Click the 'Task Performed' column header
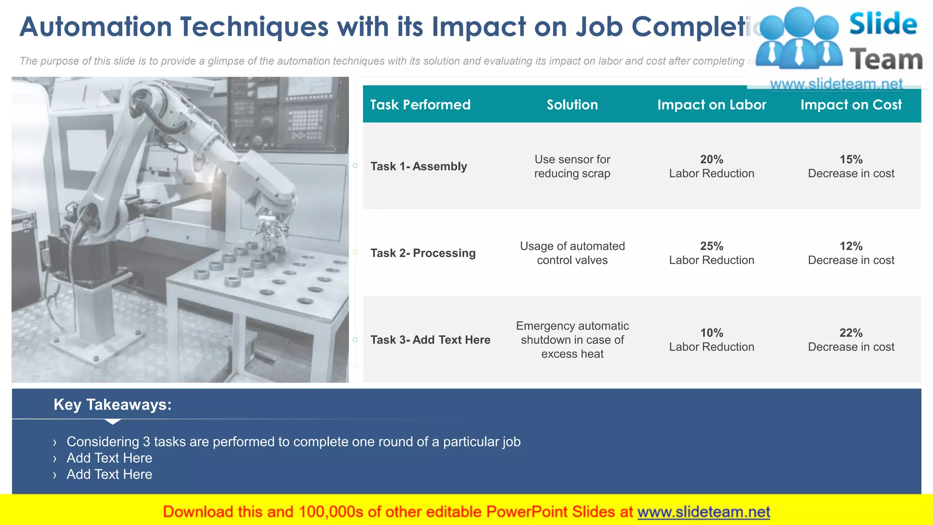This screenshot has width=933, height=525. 420,105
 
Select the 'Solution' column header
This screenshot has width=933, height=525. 572,105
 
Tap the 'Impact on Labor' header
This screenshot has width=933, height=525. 712,105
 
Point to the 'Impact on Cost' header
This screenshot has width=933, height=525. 851,105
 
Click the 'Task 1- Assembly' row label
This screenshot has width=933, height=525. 419,166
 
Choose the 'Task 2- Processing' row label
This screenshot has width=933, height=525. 423,253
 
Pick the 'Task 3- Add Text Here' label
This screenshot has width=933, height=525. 430,340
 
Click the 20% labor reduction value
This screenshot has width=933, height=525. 712,160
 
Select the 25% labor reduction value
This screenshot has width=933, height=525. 712,247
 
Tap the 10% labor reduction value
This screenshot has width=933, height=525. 712,333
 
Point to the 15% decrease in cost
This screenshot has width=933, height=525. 851,160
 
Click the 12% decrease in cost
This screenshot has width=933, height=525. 851,247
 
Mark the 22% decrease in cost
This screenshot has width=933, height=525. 851,333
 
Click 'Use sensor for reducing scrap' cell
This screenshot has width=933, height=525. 572,166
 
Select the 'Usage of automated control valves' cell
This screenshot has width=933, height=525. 572,253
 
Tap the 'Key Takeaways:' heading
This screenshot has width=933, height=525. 113,405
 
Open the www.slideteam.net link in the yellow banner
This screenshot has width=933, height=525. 703,512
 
